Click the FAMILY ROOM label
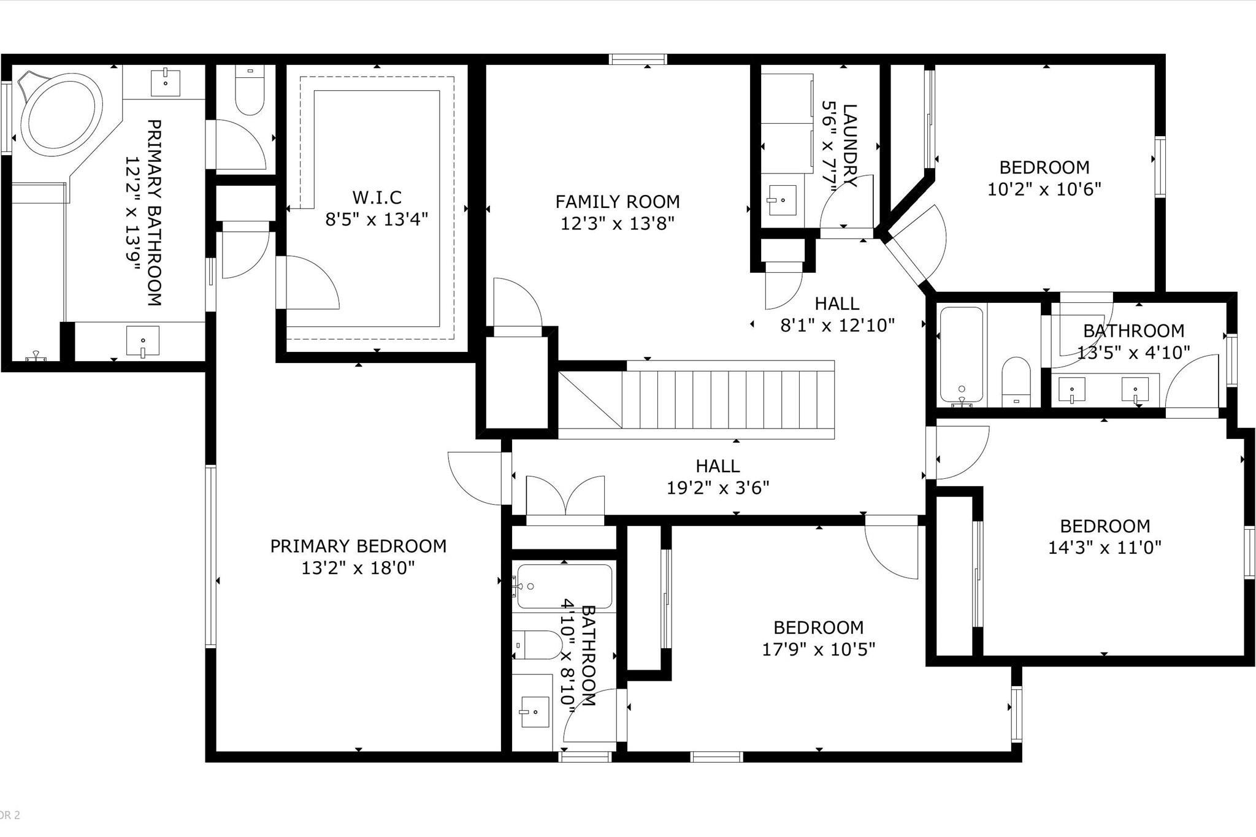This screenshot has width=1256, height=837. [x=617, y=202]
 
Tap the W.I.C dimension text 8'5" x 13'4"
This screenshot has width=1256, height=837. [x=376, y=219]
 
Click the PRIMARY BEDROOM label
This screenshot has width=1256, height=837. [x=358, y=546]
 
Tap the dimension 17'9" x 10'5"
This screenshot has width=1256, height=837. [x=818, y=649]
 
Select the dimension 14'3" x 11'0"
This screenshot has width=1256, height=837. [x=1104, y=548]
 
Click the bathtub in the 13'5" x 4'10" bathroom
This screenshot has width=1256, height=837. [x=961, y=356]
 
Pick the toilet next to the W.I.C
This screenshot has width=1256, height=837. [x=250, y=92]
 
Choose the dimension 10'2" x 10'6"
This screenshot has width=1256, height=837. [x=1044, y=189]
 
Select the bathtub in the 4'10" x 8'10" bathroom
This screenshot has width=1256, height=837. [x=564, y=586]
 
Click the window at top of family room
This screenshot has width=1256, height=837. [x=638, y=59]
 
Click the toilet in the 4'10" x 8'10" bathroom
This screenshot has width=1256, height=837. [x=538, y=645]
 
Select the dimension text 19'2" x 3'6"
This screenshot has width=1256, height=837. [x=718, y=488]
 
